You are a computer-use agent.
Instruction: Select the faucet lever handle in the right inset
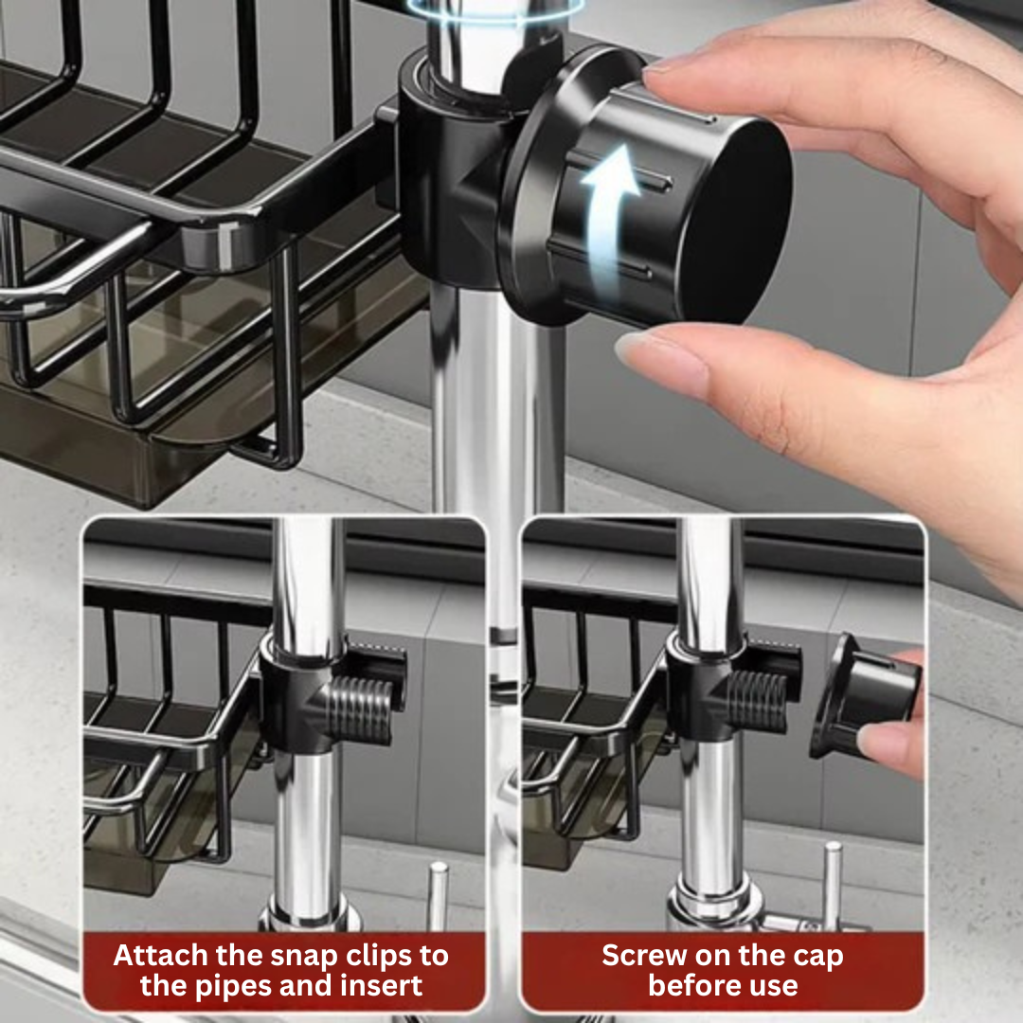[x=831, y=886]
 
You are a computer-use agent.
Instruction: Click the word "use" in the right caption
[x=772, y=985]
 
